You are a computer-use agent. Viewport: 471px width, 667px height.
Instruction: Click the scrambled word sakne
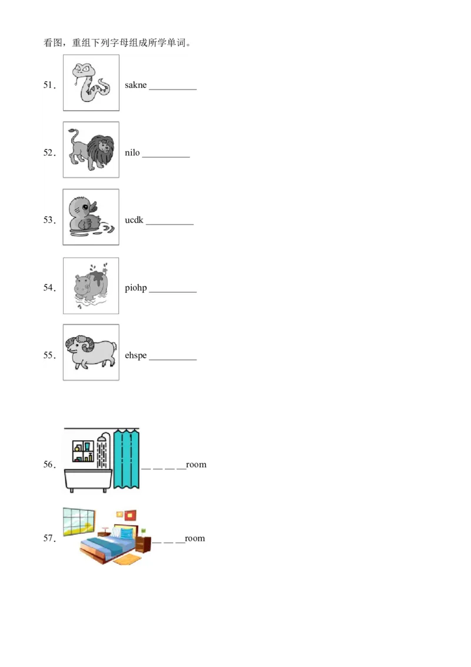(135, 85)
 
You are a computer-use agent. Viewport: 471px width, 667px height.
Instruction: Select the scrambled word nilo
(132, 153)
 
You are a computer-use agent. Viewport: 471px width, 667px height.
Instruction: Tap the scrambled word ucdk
(134, 220)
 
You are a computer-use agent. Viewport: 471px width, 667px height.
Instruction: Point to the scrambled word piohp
(135, 288)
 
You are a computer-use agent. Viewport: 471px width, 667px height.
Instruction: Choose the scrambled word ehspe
(135, 356)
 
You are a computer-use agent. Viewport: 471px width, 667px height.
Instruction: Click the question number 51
(49, 85)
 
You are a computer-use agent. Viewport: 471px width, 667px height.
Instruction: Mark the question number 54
(49, 288)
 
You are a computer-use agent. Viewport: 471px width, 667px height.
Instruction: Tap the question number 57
(49, 539)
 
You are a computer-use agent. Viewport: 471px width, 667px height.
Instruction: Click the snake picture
(91, 83)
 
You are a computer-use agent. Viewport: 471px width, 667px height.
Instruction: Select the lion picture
(91, 150)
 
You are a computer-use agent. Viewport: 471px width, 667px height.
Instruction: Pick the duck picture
(91, 217)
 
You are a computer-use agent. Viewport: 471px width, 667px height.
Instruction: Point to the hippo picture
(91, 286)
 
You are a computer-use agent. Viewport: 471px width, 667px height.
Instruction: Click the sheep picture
(91, 352)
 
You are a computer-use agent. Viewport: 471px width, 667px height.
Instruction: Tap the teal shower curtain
(126, 460)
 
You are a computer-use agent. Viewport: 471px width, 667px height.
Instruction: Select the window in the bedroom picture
(79, 521)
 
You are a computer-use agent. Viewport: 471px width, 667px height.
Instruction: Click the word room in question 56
(196, 465)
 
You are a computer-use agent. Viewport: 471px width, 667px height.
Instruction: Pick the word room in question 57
(195, 539)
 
